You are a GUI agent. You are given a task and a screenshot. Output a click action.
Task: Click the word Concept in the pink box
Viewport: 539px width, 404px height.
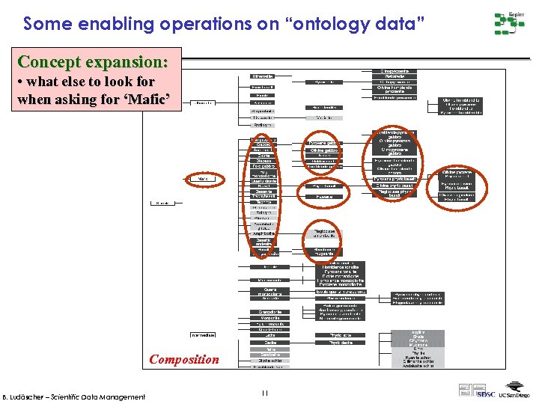[52, 61]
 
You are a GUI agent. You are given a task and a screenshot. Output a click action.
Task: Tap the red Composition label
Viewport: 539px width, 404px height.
[184, 359]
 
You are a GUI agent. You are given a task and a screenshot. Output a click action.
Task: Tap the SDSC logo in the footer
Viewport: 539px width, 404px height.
[485, 394]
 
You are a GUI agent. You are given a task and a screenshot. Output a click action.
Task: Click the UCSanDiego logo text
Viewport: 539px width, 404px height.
[514, 394]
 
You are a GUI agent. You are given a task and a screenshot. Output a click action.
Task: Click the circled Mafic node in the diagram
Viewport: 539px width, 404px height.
[201, 179]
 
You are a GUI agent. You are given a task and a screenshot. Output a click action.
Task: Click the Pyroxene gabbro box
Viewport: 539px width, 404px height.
[323, 142]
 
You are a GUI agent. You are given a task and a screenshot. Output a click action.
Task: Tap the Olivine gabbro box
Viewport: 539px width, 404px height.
[323, 150]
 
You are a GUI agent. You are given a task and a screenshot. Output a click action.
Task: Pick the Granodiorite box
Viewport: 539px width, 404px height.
[265, 311]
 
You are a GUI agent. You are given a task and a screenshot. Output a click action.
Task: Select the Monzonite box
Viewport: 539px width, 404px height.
[265, 318]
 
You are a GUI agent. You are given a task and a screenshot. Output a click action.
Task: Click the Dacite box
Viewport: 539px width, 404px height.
[265, 342]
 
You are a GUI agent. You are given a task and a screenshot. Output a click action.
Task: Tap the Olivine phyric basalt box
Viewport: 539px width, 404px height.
[395, 186]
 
